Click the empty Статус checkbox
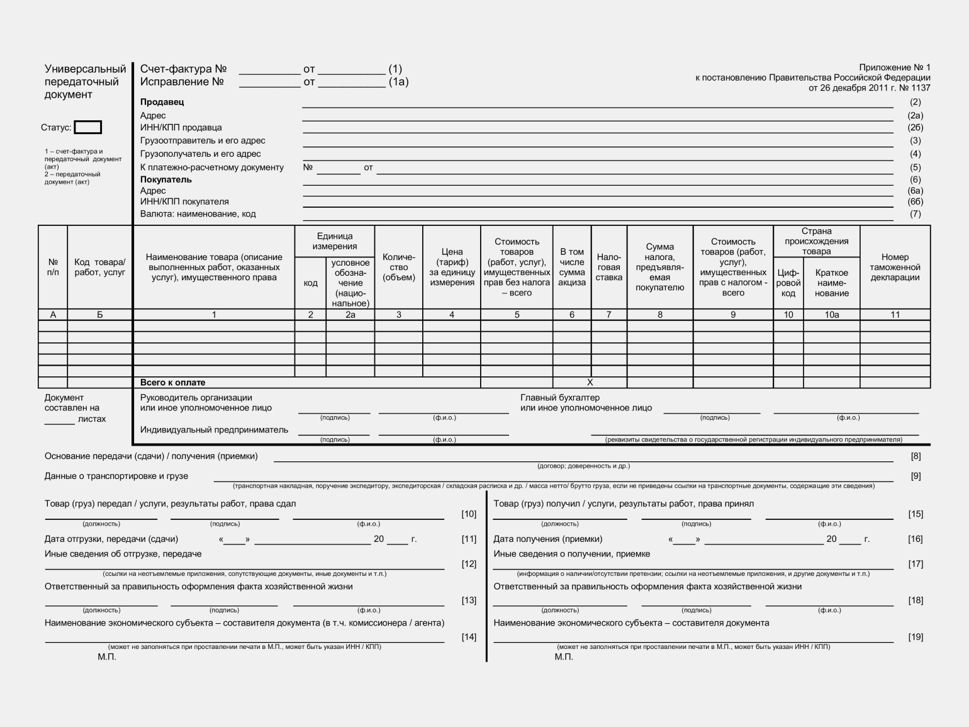(87, 127)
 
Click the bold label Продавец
(162, 102)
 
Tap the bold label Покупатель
(165, 179)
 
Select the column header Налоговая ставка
(608, 267)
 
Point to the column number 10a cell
(831, 315)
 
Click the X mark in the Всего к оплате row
(590, 382)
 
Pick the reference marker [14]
(469, 637)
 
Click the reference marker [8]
(916, 456)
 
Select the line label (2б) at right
(915, 128)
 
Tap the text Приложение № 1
(894, 67)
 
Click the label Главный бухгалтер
(559, 398)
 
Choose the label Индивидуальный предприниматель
(214, 430)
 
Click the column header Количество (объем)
(398, 267)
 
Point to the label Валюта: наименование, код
(198, 214)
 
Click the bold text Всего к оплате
(172, 383)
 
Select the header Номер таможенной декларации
(895, 267)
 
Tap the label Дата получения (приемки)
(547, 539)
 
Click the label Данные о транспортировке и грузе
(116, 476)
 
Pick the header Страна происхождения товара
(816, 241)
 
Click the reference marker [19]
(916, 637)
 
